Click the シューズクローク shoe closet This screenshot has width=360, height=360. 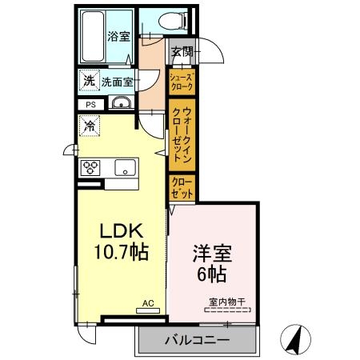[x=182, y=81]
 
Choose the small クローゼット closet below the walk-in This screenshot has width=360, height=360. [x=182, y=187]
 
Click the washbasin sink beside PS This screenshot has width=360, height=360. [x=122, y=102]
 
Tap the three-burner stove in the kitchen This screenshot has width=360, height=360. [x=90, y=168]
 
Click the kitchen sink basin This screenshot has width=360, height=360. [x=126, y=167]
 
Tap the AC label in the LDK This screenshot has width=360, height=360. [x=148, y=303]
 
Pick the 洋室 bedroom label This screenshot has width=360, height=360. [x=211, y=255]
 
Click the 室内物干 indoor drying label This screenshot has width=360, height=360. [x=226, y=301]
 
